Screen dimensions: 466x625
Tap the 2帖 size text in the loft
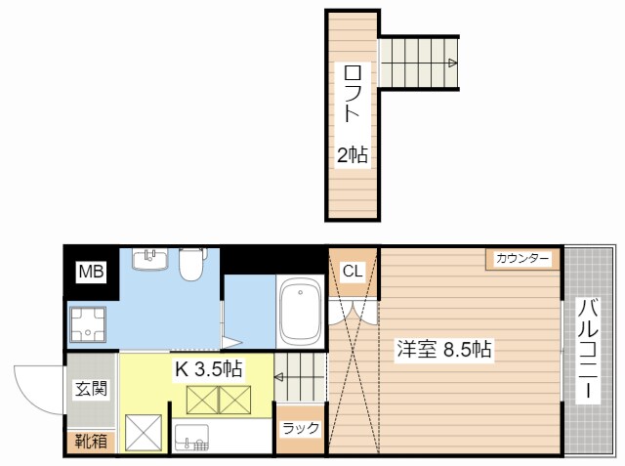[x=352, y=154]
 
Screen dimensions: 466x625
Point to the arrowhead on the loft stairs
[x=452, y=64]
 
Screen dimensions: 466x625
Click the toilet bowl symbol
[x=191, y=263]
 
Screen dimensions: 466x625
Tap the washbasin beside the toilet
[x=151, y=259]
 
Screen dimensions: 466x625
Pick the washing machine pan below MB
[x=91, y=325]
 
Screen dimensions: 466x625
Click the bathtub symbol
[x=300, y=312]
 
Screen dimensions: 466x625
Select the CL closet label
[x=353, y=272]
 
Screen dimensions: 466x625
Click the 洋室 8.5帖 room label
[x=442, y=349]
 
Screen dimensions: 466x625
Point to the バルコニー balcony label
[x=590, y=349]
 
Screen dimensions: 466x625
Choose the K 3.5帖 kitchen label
[x=209, y=369]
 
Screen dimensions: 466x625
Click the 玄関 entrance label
[x=92, y=388]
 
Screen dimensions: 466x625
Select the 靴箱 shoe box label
[x=91, y=442]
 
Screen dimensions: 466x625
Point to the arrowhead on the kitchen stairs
[x=280, y=374]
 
